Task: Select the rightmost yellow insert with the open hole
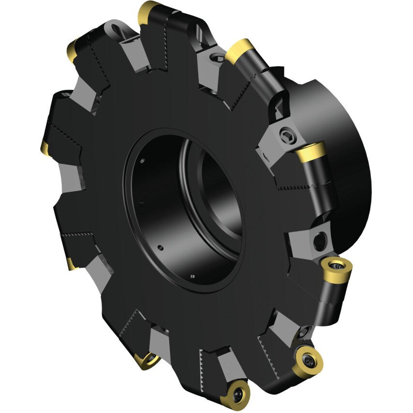335,266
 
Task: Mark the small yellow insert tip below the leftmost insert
71,264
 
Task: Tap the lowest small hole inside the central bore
192,276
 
